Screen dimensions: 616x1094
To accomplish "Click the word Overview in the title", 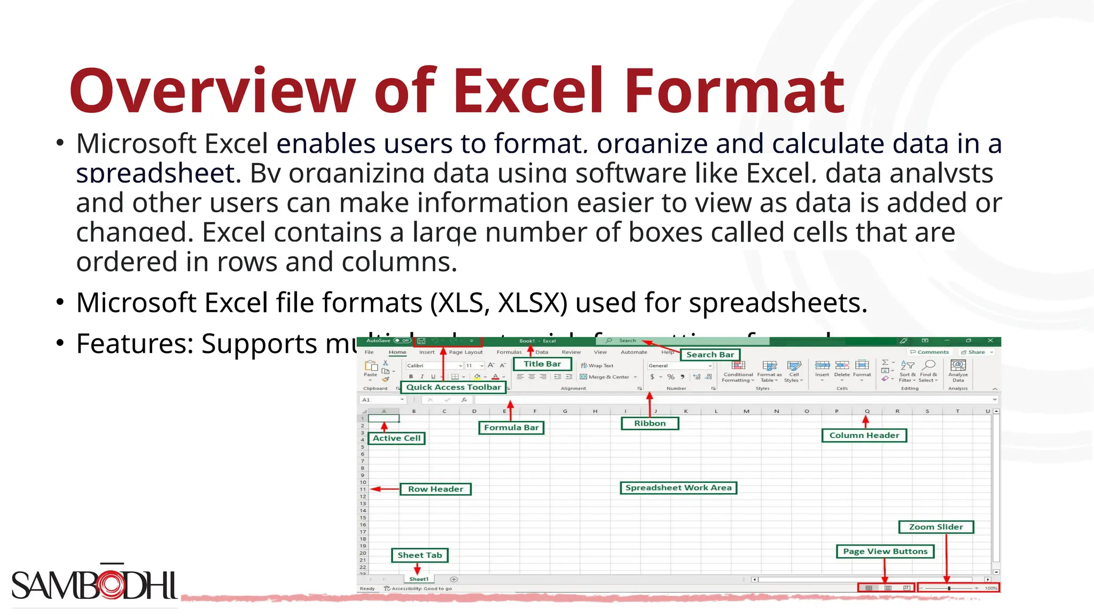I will point(212,91).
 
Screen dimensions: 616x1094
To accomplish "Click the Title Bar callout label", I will point(542,364).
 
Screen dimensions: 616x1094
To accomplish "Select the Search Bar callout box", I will point(710,355).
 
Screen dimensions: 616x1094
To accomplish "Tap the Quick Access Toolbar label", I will point(454,387).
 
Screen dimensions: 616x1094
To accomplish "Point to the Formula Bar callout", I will point(511,427).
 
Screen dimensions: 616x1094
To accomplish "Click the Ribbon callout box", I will point(650,423).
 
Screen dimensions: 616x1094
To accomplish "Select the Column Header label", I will point(864,435).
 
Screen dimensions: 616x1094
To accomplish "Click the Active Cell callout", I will point(396,438).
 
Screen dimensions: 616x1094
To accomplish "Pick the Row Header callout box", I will point(435,489).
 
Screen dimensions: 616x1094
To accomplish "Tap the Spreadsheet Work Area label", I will point(678,488).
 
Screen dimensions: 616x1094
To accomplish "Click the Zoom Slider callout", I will point(936,527).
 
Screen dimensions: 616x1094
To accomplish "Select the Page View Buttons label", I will point(885,551).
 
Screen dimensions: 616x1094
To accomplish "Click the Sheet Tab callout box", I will point(419,555).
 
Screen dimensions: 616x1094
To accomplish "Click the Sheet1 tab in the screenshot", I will point(419,579).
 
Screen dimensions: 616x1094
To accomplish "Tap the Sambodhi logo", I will point(94,584).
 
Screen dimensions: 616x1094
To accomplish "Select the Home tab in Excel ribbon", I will point(397,352).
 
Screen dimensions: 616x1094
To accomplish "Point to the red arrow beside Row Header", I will point(384,489).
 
